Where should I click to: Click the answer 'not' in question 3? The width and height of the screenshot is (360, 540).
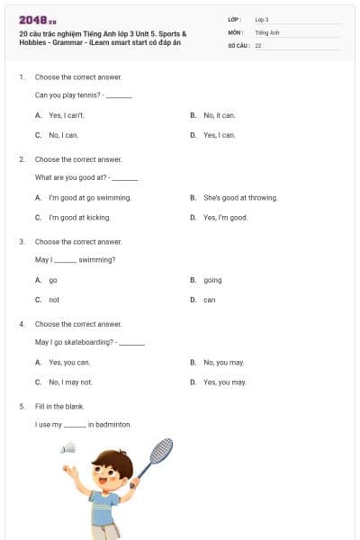click(54, 300)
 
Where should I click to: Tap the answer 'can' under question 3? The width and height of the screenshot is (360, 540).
click(209, 300)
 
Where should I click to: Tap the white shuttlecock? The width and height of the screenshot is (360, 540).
click(68, 447)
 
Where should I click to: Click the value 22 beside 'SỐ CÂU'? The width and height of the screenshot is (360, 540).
click(258, 44)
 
